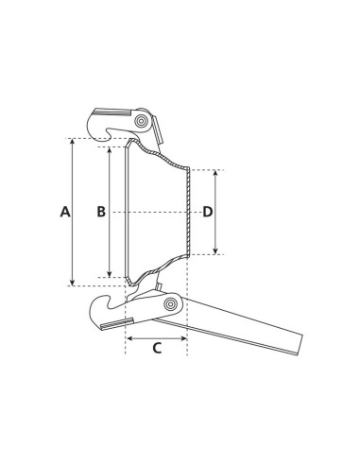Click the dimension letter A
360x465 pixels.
(x=65, y=212)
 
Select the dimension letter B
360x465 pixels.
(x=101, y=212)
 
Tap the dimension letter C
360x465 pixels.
(x=157, y=348)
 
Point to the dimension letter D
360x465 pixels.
(x=208, y=212)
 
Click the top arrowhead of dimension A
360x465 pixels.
(x=73, y=143)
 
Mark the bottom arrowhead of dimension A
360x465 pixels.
(x=73, y=281)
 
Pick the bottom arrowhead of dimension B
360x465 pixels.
(x=110, y=274)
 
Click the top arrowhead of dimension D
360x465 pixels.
(x=216, y=174)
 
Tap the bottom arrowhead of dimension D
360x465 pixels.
(x=216, y=250)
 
